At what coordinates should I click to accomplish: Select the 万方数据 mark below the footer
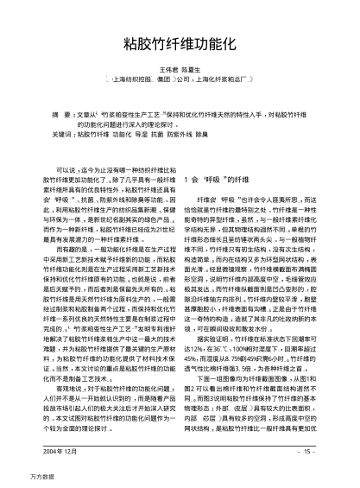click(x=19, y=476)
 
